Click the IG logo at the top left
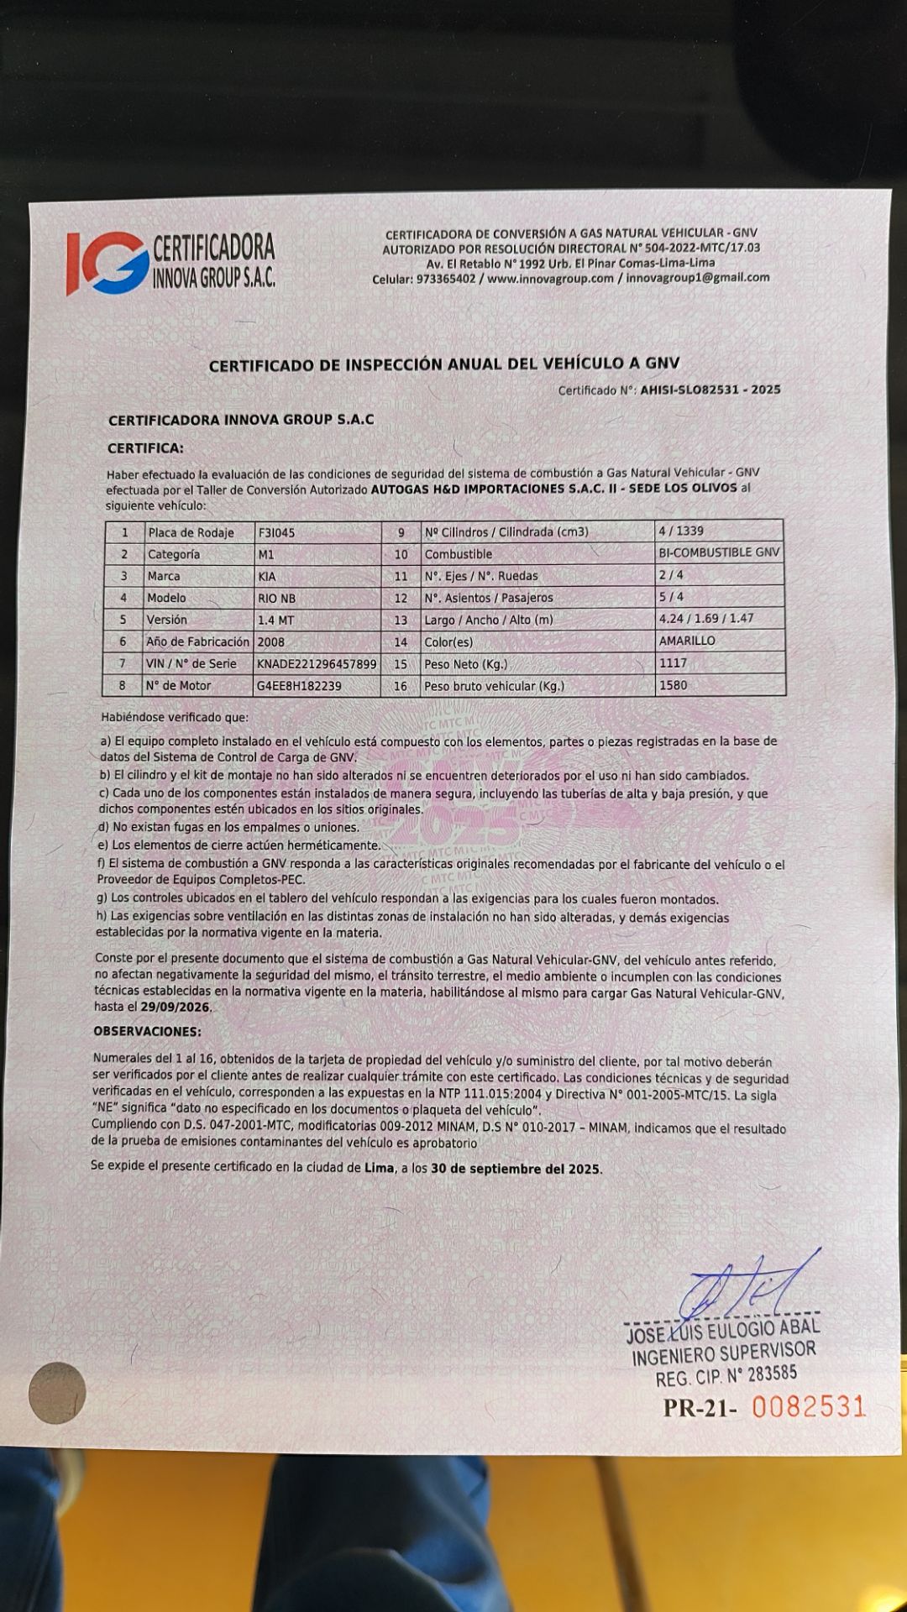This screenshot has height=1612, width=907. (107, 263)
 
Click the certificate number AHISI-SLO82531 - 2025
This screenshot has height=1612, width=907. (710, 390)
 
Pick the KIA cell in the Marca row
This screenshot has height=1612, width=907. (267, 577)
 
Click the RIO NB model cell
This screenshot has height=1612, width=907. (276, 599)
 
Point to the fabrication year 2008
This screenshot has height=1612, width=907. (271, 642)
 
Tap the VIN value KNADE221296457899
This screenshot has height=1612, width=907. (317, 664)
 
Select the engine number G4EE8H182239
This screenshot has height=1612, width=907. (299, 686)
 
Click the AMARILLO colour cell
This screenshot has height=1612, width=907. (688, 641)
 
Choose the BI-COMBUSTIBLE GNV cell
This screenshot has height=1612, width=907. (720, 553)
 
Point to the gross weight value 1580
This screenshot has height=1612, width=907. (674, 685)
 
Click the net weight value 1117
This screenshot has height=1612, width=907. (674, 663)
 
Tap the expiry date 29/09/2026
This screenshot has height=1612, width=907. (176, 1007)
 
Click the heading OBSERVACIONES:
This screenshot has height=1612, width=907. (147, 1031)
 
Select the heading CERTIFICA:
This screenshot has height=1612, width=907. (145, 448)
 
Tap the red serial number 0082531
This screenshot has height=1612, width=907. (808, 1406)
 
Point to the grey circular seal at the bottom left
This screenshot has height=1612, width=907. (57, 1393)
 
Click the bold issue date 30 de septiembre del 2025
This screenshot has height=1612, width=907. (515, 1169)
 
